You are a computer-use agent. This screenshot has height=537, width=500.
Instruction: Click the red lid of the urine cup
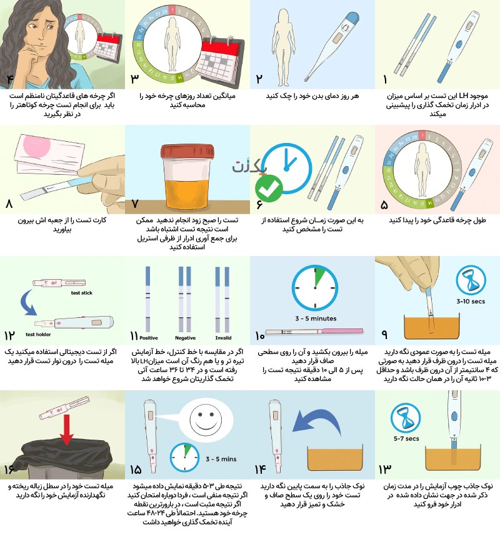[x=187, y=151]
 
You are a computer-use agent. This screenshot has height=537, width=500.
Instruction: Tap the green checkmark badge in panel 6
[x=269, y=188]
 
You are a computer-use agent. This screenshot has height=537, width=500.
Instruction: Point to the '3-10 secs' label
[x=471, y=302]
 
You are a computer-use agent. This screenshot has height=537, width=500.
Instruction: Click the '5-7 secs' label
[x=406, y=438]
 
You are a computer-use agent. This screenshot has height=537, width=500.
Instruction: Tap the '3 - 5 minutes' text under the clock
[x=316, y=318]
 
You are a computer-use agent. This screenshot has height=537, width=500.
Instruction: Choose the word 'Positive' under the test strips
[x=149, y=338]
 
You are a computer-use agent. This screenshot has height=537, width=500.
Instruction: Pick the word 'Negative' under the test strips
[x=185, y=338]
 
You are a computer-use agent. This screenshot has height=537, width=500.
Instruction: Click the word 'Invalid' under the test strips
[x=223, y=338]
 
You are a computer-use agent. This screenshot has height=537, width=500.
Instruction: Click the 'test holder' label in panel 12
[x=38, y=334]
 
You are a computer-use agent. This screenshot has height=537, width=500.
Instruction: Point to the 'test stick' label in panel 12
[x=82, y=293]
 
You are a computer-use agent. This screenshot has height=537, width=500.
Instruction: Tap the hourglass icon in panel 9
[x=471, y=280]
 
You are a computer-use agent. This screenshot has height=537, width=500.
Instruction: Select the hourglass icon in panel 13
[x=406, y=418]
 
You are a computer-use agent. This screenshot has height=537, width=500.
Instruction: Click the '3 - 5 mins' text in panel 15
[x=221, y=459]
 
